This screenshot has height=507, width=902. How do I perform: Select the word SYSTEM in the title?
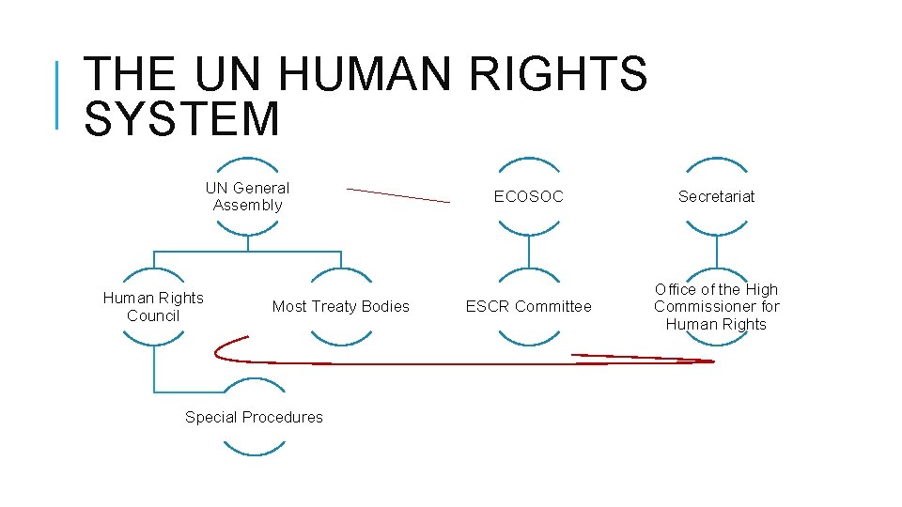tap(181, 119)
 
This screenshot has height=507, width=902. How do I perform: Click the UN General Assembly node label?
tap(247, 196)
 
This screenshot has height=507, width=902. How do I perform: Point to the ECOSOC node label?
tap(529, 196)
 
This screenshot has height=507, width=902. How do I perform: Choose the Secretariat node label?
tap(717, 196)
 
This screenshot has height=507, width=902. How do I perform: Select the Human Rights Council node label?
tap(153, 306)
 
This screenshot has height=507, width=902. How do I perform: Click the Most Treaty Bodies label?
tap(341, 306)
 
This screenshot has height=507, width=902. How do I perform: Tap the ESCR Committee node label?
tap(529, 306)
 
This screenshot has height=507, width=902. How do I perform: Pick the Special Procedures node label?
tap(254, 417)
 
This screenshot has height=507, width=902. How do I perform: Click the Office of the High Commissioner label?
tap(717, 306)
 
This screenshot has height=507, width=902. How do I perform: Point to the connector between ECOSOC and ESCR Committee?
tap(529, 251)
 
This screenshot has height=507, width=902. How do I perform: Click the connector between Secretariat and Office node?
tap(717, 251)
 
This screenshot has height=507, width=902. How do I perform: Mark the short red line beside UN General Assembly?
tap(398, 195)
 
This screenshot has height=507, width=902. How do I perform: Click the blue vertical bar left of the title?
tap(57, 94)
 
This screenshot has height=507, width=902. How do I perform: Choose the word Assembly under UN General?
tap(247, 205)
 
